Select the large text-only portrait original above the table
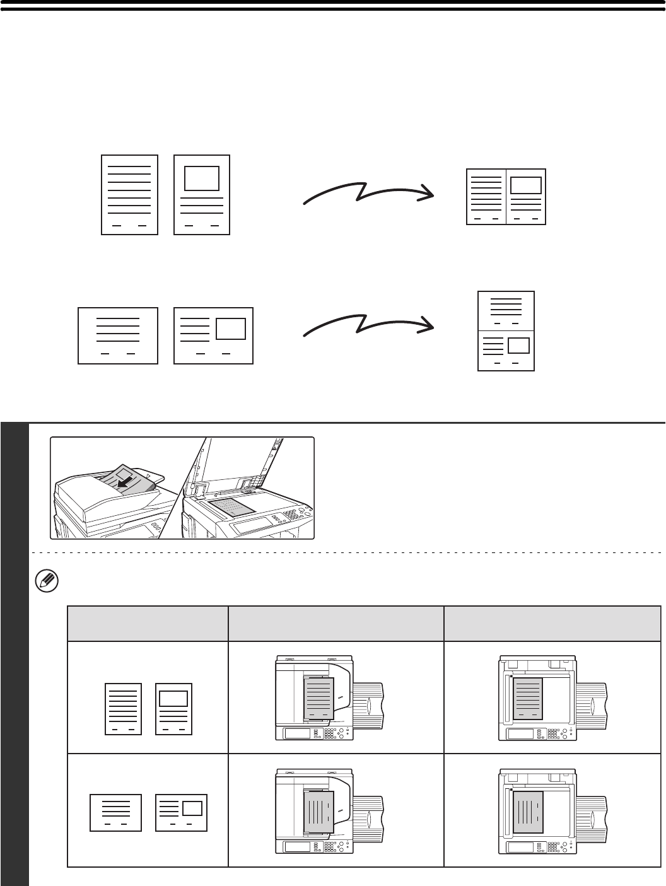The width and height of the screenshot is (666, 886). point(129,195)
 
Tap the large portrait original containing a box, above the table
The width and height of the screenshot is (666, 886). point(202,195)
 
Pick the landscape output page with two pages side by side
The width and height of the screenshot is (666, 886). point(506,197)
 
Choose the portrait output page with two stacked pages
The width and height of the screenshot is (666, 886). point(506,330)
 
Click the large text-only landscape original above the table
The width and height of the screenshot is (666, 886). point(117,335)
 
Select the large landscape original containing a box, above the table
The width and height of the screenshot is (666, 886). point(213,335)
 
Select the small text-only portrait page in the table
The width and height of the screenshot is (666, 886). point(123,709)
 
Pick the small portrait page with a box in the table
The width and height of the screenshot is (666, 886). point(173,709)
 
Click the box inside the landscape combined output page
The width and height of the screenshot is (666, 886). point(525,185)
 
